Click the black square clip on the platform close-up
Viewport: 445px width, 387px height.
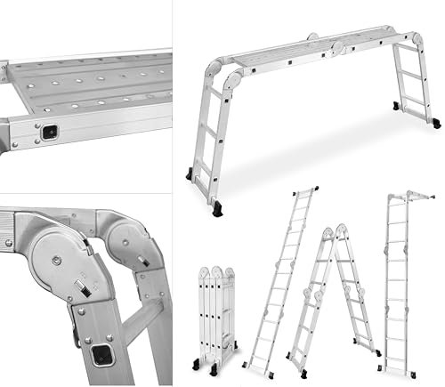(50, 131)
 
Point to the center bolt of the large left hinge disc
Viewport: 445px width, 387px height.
(56, 260)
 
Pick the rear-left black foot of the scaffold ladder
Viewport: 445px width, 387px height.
(190, 173)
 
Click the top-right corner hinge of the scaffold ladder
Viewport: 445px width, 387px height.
(416, 41)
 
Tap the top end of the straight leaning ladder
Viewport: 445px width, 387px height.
(308, 190)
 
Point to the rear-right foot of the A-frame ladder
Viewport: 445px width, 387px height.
(377, 351)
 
